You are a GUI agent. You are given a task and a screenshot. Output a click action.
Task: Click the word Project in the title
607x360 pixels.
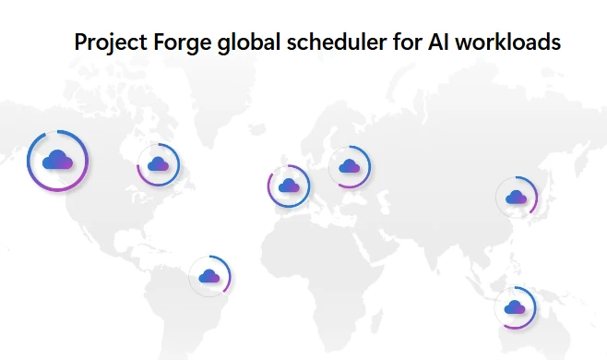[x=104, y=42]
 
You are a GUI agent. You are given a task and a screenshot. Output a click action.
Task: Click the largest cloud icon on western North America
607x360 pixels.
[x=57, y=161]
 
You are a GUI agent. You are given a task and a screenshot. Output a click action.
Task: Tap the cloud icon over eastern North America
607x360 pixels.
[x=158, y=164]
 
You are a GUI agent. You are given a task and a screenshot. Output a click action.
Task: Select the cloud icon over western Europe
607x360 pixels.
[x=288, y=185]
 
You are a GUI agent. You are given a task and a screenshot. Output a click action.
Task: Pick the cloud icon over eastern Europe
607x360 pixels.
[x=349, y=166]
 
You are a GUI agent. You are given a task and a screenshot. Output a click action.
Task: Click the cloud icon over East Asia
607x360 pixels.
[x=517, y=196]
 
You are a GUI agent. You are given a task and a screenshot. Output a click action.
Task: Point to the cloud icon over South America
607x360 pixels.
[x=209, y=275]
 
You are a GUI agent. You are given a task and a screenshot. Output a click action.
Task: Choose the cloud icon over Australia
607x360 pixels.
[x=515, y=306]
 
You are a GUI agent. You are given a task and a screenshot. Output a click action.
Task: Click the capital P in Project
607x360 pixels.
[x=80, y=42]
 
